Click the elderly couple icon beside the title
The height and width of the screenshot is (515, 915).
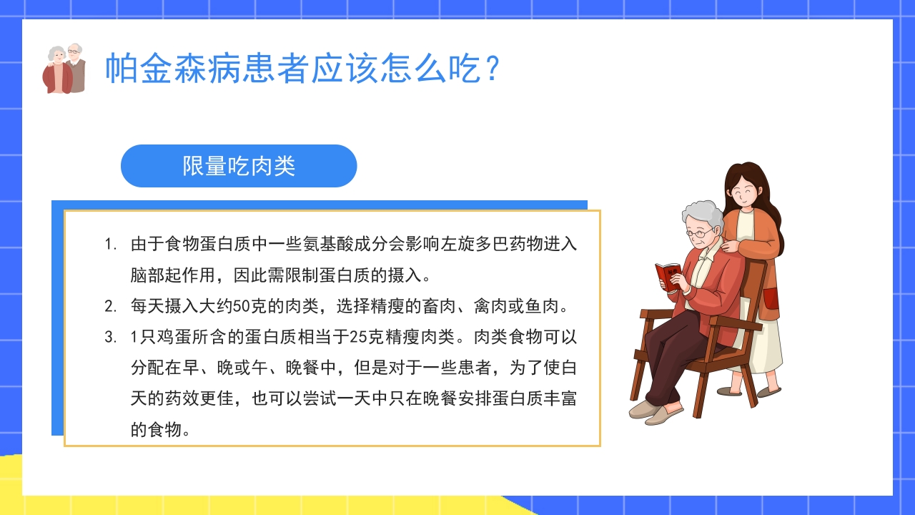point(64,69)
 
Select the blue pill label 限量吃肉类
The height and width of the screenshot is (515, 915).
point(239,166)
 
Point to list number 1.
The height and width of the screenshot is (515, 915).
point(110,244)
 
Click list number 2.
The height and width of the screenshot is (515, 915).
point(110,307)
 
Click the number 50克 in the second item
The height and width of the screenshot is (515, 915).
point(247,307)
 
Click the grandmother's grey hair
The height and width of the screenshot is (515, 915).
point(701,213)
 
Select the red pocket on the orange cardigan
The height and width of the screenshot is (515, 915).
point(771,298)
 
